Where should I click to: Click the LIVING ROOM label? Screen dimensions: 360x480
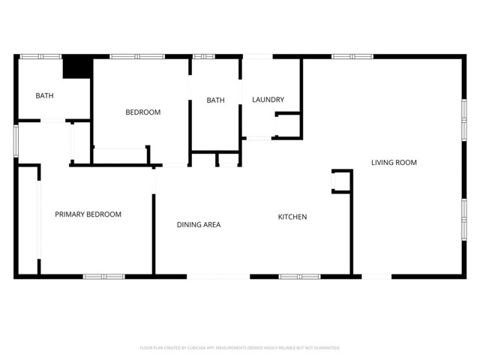click(394, 163)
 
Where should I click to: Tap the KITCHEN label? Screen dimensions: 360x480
click(292, 217)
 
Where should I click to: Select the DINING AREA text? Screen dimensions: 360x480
click(199, 224)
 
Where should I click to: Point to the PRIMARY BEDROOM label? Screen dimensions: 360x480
click(88, 214)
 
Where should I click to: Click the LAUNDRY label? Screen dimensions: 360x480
click(268, 100)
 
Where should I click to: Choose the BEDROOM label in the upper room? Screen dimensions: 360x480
click(142, 112)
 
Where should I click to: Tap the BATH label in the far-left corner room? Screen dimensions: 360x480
click(44, 95)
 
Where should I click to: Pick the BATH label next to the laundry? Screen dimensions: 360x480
click(216, 100)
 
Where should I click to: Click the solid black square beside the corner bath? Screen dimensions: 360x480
click(76, 67)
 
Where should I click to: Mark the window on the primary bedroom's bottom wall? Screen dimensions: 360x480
click(103, 277)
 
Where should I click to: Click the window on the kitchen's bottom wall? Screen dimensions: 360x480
click(299, 277)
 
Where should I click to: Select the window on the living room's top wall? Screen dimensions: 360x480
click(352, 56)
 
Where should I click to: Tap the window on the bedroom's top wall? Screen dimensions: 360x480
click(137, 56)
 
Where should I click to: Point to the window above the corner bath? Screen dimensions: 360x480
click(40, 56)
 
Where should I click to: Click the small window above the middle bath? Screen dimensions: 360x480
click(204, 56)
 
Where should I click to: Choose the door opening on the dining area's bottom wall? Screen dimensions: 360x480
click(218, 277)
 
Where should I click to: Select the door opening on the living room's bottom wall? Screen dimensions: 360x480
click(376, 277)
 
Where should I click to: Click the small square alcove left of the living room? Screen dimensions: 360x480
click(340, 181)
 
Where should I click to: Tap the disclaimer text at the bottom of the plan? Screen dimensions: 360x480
click(240, 348)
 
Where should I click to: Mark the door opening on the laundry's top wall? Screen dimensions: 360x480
click(257, 56)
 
